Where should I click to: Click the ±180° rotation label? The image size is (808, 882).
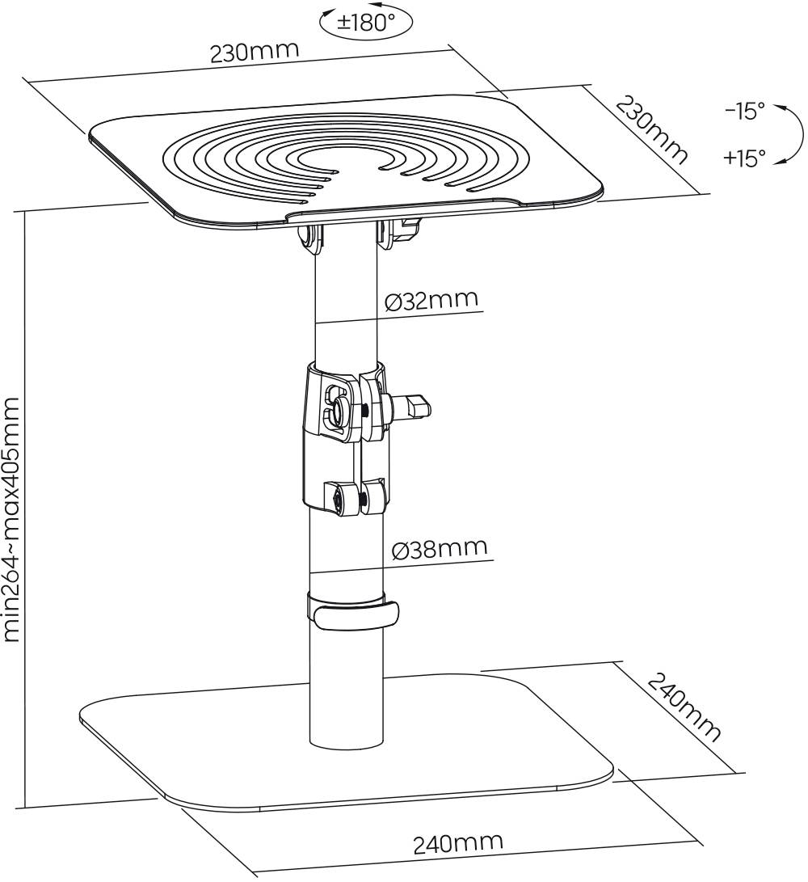(366, 23)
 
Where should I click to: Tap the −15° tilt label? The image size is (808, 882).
(744, 111)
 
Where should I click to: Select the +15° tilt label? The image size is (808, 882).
(744, 158)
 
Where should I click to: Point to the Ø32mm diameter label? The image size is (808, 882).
(431, 301)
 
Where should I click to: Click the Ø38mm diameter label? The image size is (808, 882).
(440, 550)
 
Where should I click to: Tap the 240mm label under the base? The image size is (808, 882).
(457, 843)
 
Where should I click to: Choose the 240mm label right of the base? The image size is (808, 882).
(684, 707)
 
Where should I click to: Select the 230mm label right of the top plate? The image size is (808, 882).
(651, 129)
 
